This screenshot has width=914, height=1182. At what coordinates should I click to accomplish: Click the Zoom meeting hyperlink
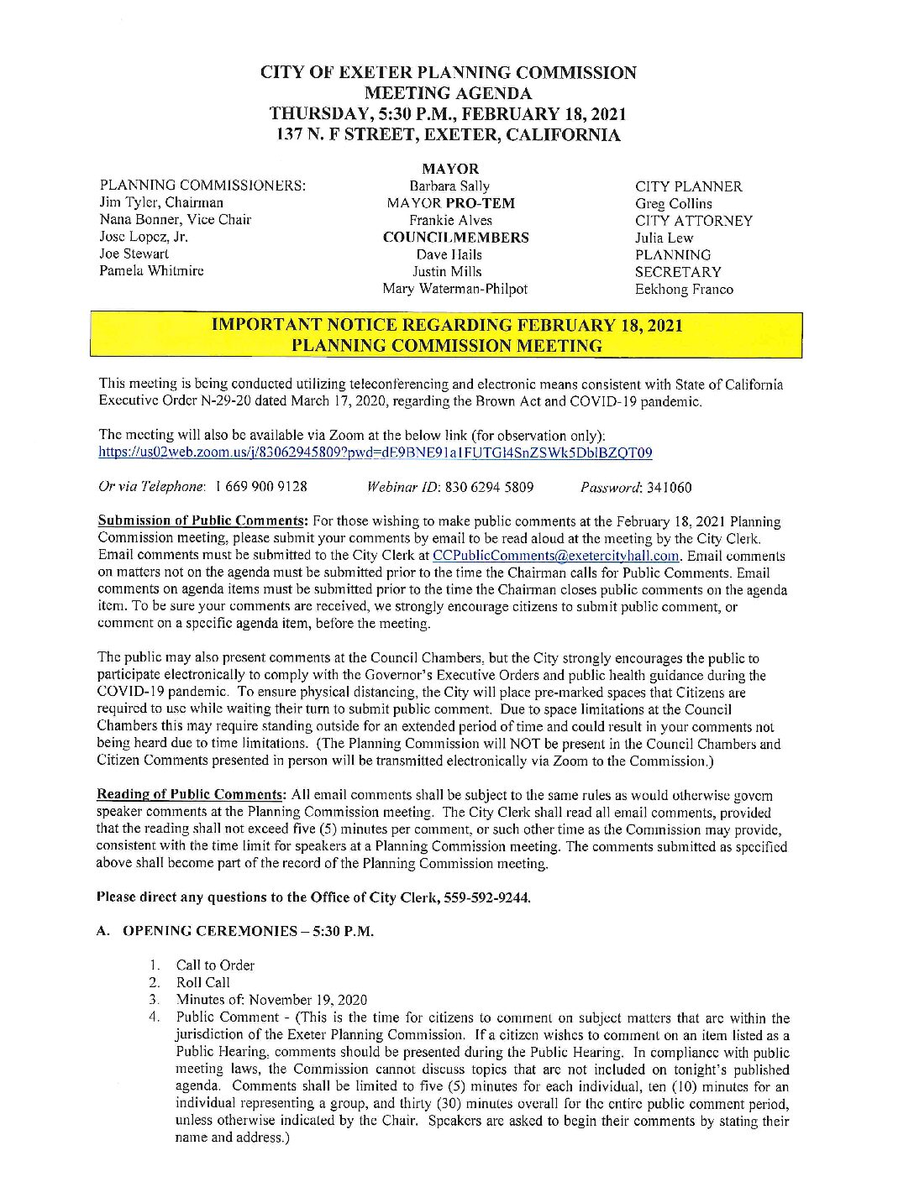click(x=375, y=453)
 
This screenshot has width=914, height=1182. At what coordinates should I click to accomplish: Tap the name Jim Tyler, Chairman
click(x=161, y=202)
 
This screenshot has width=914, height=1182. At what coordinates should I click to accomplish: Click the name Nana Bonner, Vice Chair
click(x=175, y=220)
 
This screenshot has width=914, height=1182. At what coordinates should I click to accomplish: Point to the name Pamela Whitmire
click(x=151, y=271)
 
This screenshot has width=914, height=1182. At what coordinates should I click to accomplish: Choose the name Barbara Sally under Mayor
click(x=449, y=186)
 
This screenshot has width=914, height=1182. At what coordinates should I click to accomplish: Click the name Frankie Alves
click(x=450, y=221)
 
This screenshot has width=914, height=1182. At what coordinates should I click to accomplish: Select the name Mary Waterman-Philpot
click(x=454, y=289)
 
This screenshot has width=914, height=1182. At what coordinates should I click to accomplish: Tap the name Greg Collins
click(x=673, y=204)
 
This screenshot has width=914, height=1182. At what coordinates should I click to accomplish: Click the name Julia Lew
click(x=664, y=238)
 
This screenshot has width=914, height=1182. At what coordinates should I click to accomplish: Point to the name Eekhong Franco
click(x=684, y=290)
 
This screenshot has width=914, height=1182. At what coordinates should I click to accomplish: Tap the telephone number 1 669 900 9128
click(x=261, y=487)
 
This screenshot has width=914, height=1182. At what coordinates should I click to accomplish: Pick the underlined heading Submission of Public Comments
click(x=202, y=521)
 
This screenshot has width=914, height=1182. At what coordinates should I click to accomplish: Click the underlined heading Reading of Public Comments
click(x=191, y=795)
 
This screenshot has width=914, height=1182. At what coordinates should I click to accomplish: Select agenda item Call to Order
click(x=215, y=965)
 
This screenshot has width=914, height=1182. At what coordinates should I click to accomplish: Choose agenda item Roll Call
click(x=202, y=982)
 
